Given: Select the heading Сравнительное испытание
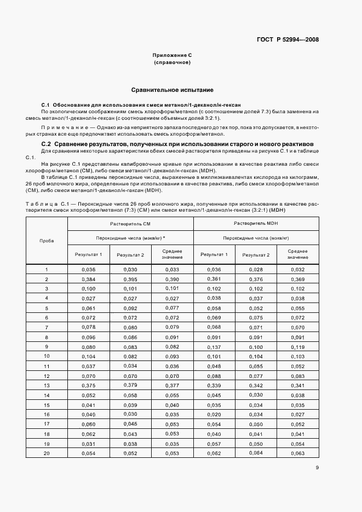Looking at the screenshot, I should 173,89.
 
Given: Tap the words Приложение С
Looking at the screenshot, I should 172,56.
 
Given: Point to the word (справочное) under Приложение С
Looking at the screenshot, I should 172,63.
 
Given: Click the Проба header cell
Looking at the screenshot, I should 47,240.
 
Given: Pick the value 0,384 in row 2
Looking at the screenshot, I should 88,279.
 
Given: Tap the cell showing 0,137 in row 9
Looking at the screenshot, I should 214,347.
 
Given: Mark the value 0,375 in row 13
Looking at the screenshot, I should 88,385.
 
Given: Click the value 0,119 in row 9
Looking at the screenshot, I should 297,347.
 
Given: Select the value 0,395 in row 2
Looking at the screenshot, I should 130,279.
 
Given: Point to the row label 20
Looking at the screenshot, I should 47,453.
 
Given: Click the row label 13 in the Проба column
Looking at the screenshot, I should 47,385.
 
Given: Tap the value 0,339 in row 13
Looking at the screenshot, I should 214,385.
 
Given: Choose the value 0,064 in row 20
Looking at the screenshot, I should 256,453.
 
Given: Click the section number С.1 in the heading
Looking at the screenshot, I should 46,104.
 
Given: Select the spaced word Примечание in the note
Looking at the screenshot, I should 62,127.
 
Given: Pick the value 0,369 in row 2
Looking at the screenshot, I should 297,279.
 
